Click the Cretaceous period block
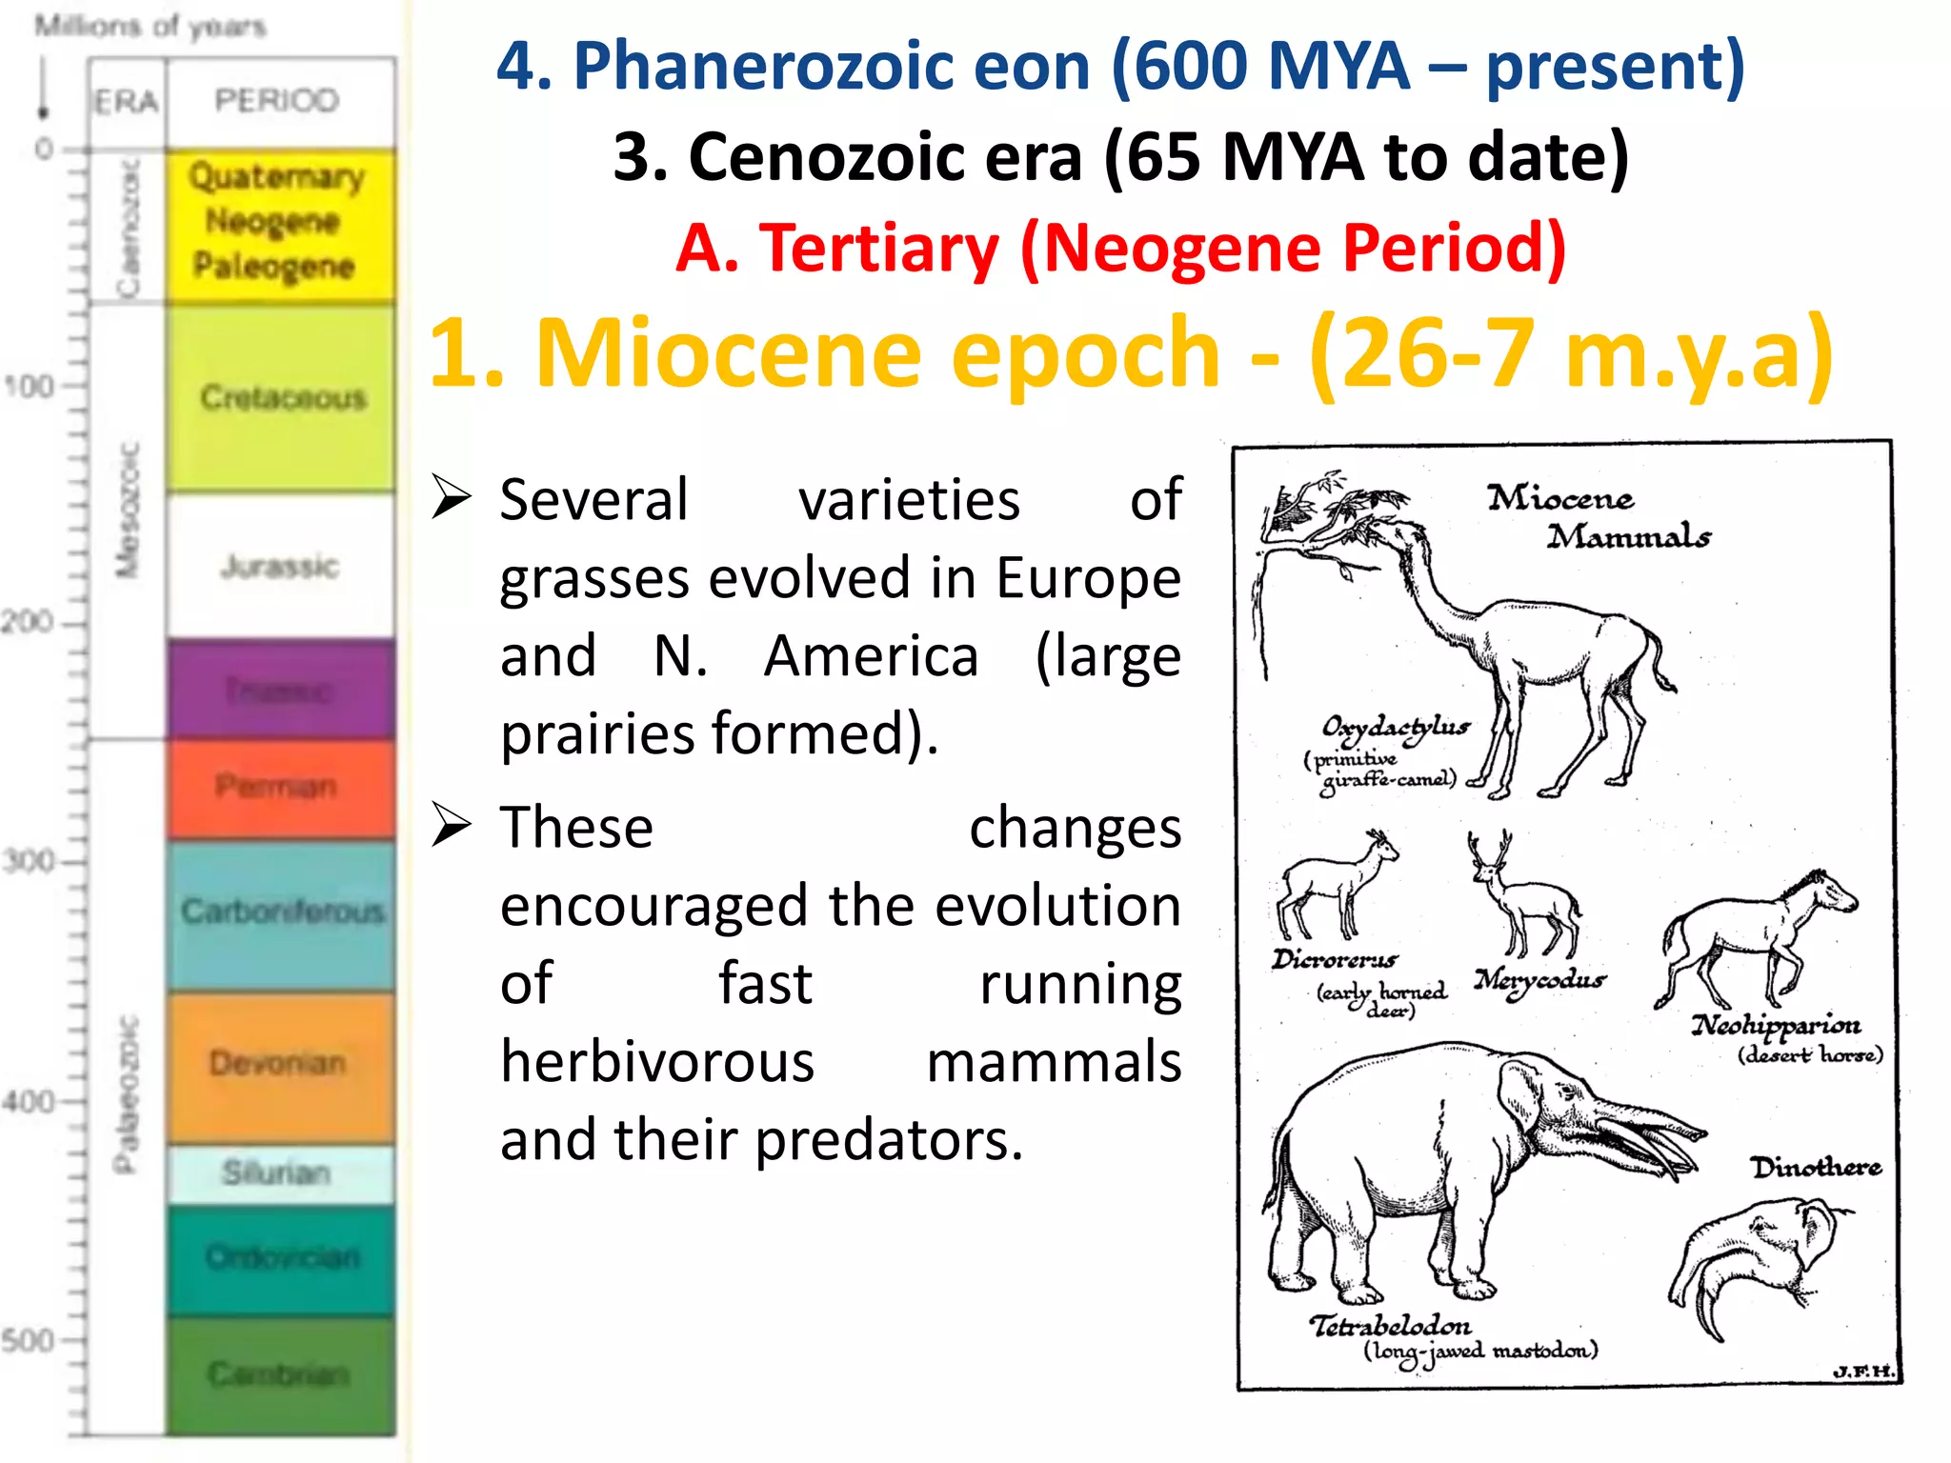click(282, 398)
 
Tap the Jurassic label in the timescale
click(279, 567)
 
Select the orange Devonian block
click(279, 1064)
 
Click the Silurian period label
click(276, 1172)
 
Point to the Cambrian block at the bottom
click(279, 1374)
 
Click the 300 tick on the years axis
click(29, 862)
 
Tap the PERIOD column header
click(277, 100)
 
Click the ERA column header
click(126, 101)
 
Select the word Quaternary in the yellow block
click(276, 176)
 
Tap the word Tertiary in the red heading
click(878, 248)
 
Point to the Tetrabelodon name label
click(1390, 1326)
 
